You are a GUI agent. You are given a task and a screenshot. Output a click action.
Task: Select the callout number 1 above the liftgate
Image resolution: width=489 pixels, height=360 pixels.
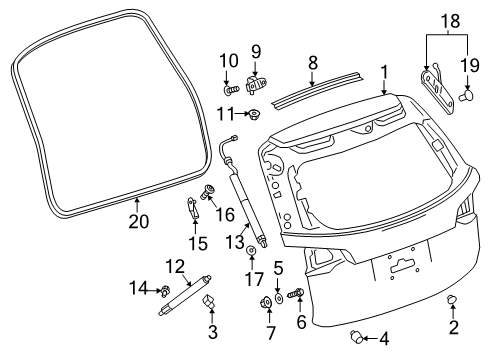[x=384, y=73]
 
